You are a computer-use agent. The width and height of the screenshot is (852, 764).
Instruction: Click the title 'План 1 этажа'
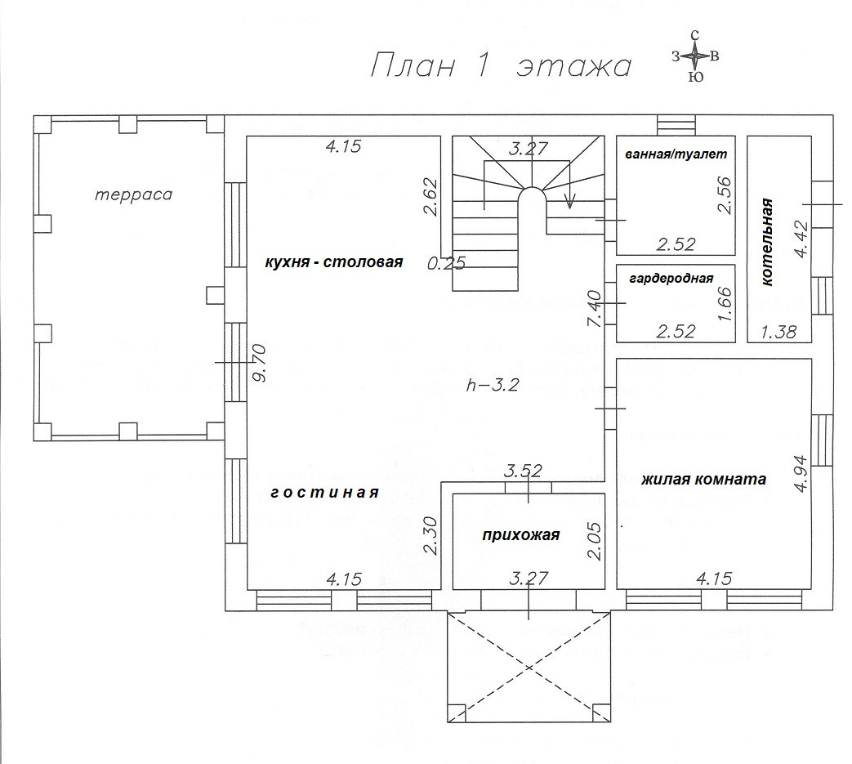(x=501, y=66)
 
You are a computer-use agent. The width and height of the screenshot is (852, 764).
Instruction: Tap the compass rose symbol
(x=695, y=56)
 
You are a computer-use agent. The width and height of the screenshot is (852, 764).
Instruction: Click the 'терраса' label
(x=134, y=194)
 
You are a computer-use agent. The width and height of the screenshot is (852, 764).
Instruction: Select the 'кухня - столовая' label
(x=333, y=262)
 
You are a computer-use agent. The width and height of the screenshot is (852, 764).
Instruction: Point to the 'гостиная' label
(x=324, y=492)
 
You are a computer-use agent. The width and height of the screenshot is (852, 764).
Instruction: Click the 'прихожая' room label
(x=521, y=535)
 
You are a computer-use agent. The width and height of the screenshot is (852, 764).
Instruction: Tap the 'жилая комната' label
(x=703, y=480)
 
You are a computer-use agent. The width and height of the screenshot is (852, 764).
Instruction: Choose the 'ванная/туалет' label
(x=676, y=154)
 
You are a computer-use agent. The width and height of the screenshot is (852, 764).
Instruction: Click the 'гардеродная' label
(x=671, y=279)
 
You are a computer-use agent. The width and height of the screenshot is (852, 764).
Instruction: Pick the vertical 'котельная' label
(x=767, y=242)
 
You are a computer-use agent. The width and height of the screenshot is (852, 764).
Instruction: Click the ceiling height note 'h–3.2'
(x=493, y=385)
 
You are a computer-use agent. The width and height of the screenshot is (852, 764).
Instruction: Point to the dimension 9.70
(x=261, y=363)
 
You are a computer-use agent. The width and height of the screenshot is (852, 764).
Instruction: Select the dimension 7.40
(x=595, y=309)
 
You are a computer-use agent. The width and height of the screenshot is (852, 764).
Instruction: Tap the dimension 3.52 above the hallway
(x=523, y=471)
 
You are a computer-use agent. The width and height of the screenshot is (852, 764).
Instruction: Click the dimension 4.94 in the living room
(x=801, y=473)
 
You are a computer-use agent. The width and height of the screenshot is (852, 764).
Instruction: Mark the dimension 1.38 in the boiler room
(x=778, y=332)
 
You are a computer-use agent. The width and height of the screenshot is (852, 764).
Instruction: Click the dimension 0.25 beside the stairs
(x=447, y=263)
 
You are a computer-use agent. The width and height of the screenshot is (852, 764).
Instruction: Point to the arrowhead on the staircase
(x=569, y=203)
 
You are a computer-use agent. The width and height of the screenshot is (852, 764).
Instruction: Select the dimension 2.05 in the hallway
(x=595, y=541)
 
